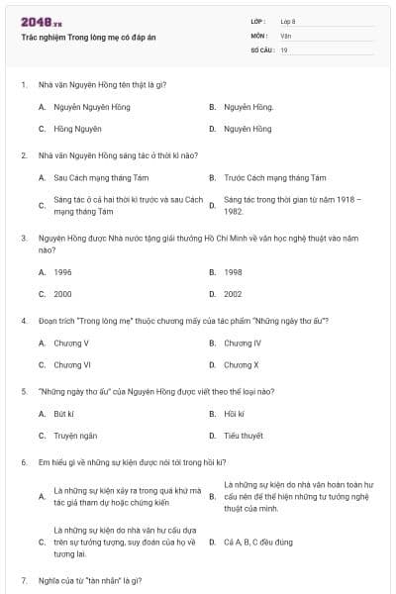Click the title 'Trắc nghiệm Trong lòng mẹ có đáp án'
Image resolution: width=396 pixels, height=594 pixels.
[x=88, y=37]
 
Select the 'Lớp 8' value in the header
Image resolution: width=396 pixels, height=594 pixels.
[x=288, y=21]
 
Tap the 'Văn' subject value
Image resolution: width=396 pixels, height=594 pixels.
[x=286, y=36]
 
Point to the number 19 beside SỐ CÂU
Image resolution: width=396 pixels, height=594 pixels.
[x=284, y=49]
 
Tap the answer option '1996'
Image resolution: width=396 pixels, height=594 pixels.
[x=63, y=271]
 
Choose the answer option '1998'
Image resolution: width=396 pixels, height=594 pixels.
[x=233, y=271]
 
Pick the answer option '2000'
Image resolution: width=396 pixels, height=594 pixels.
[x=63, y=294]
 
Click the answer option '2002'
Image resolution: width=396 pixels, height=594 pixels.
[x=233, y=294]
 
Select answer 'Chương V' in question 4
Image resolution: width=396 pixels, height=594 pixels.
[x=71, y=343]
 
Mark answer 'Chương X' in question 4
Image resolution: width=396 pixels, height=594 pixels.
[x=242, y=365]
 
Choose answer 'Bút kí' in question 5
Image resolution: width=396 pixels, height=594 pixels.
[x=64, y=413]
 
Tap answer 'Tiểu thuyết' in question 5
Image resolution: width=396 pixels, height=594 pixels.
[x=244, y=436]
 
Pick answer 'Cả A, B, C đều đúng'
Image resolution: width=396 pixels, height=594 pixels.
[x=257, y=543]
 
